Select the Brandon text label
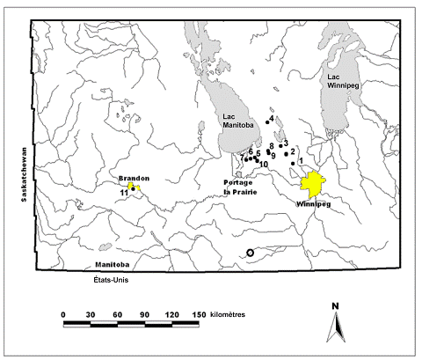[x=135, y=176]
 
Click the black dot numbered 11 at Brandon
[x=132, y=187]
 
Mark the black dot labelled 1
[x=293, y=163]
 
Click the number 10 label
[x=264, y=165]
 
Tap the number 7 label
[x=242, y=158]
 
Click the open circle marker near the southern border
[x=251, y=253]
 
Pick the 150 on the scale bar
[x=198, y=313]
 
